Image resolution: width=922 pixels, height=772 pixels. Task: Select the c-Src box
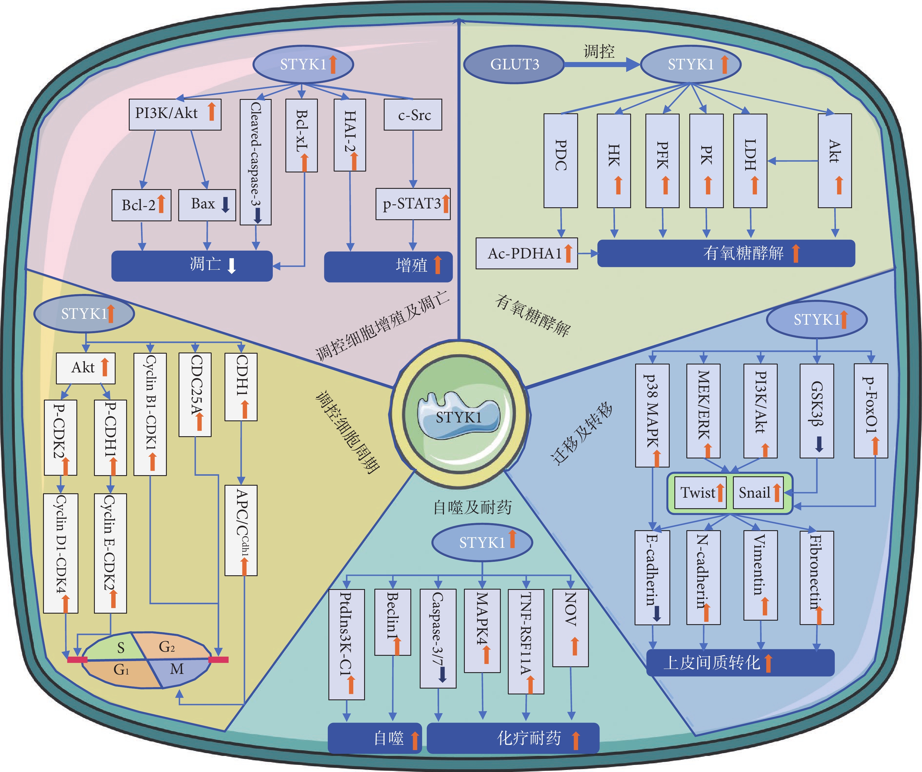point(413,115)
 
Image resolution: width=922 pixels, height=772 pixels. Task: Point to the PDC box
point(561,161)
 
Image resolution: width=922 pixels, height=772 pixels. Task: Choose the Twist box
point(700,493)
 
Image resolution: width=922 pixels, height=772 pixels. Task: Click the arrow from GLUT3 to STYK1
point(602,64)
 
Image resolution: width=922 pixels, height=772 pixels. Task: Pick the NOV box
point(570,628)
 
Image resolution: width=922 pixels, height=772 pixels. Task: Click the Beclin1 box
point(393,622)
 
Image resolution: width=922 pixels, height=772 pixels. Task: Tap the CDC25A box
point(195,395)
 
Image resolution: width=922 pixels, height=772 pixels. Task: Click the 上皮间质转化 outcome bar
point(740,663)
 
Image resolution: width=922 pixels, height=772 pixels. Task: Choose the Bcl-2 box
point(141,205)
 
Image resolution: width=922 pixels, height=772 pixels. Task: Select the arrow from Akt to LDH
point(793,161)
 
